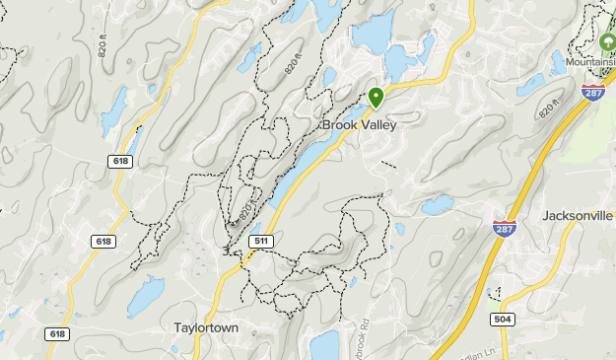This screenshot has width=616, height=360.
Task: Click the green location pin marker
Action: click(x=376, y=98)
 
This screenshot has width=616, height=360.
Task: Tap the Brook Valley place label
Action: click(x=360, y=125)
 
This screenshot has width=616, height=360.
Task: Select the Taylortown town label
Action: click(x=205, y=326)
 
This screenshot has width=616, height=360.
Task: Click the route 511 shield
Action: click(x=261, y=240)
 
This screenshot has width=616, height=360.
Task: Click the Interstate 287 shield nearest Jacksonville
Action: click(x=503, y=227)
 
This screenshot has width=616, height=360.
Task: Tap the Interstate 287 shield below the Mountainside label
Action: click(x=592, y=93)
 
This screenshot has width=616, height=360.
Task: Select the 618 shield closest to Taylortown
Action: click(x=57, y=334)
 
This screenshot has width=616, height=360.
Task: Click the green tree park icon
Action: click(x=607, y=43)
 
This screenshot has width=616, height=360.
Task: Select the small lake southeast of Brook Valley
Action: click(x=436, y=205)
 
